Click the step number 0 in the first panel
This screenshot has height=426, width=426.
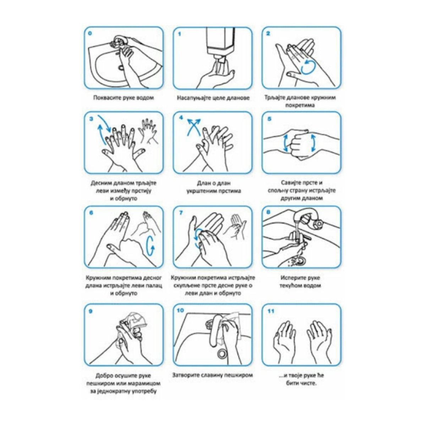point(90,34)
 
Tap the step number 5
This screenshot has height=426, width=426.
point(269,119)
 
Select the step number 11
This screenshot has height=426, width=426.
point(271,311)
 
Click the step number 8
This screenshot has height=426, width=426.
point(269,212)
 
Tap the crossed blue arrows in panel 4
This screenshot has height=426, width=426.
point(194,127)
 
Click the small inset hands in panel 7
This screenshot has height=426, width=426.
point(236,227)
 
